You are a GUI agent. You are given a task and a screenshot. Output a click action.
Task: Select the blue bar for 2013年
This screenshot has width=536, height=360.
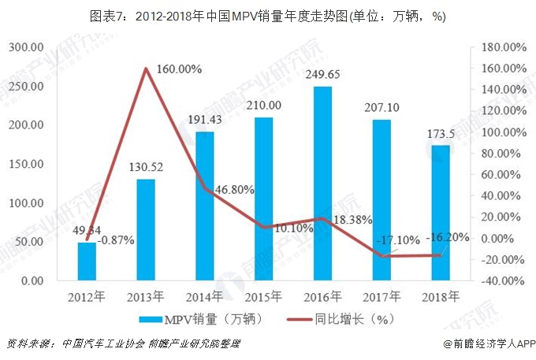[145, 229]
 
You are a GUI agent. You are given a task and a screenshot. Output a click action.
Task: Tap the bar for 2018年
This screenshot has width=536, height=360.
[441, 213]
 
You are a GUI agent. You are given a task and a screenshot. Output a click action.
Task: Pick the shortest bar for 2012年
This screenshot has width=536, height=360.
[86, 261]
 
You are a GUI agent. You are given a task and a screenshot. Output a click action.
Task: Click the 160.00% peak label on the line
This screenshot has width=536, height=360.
[179, 69]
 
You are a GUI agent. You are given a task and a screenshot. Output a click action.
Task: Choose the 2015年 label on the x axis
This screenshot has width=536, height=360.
[264, 297]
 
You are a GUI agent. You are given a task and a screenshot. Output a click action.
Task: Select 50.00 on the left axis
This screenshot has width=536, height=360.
[30, 242]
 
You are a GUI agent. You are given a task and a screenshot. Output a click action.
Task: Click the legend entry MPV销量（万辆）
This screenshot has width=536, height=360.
[200, 319]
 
